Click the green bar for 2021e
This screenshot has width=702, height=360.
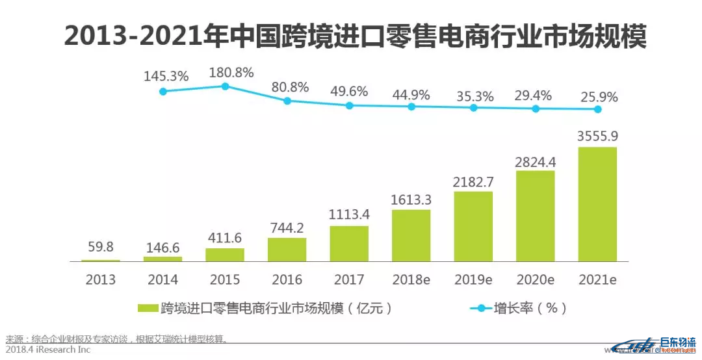pos(597,204)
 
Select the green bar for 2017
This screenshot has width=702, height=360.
pos(349,244)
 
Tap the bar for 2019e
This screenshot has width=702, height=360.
pos(473,226)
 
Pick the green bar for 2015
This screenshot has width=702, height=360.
pos(225,254)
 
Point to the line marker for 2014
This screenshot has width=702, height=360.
pos(163,92)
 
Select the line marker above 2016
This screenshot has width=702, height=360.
pos(287,101)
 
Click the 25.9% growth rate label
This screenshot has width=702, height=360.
pos(598,97)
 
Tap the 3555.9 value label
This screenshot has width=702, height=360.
pos(597,136)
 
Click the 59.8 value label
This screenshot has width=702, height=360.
pos(101,248)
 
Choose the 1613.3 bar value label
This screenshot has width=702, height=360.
pos(411,199)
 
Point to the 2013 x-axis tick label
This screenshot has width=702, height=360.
pos(101,279)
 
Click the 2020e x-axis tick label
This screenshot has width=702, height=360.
pos(535,279)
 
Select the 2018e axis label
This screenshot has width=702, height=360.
pos(411,279)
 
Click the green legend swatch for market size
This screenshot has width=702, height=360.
pos(148,308)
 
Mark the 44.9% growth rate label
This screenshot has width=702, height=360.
pos(411,95)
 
